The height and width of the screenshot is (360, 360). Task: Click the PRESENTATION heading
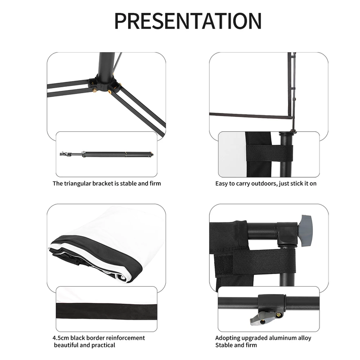pyautogui.click(x=188, y=21)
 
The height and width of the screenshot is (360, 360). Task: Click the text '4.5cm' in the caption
pyautogui.click(x=61, y=338)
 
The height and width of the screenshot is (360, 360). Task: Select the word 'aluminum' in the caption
pyautogui.click(x=282, y=338)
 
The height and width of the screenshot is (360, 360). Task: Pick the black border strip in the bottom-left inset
pyautogui.click(x=106, y=310)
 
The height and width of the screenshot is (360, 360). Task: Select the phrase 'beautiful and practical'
pyautogui.click(x=85, y=345)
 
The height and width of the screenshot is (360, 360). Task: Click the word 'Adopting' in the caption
pyautogui.click(x=227, y=338)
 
